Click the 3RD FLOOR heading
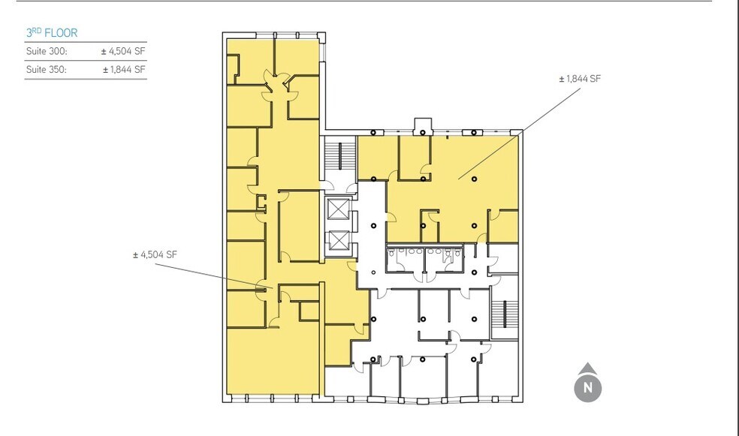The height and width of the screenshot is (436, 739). tap(52, 33)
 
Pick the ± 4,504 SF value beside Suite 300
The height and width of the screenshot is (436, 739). tap(123, 52)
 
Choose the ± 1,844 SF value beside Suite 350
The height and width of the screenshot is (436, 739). tap(124, 69)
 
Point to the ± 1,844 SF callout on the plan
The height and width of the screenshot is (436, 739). tap(580, 79)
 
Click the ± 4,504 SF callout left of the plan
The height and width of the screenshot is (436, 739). tap(155, 254)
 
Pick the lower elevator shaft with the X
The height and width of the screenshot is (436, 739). tap(338, 240)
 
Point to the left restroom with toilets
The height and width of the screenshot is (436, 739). tap(406, 258)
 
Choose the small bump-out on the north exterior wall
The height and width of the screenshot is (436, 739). tap(423, 125)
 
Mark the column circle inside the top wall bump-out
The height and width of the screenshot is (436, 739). tap(423, 133)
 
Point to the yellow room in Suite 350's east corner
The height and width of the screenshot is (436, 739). tap(504, 225)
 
